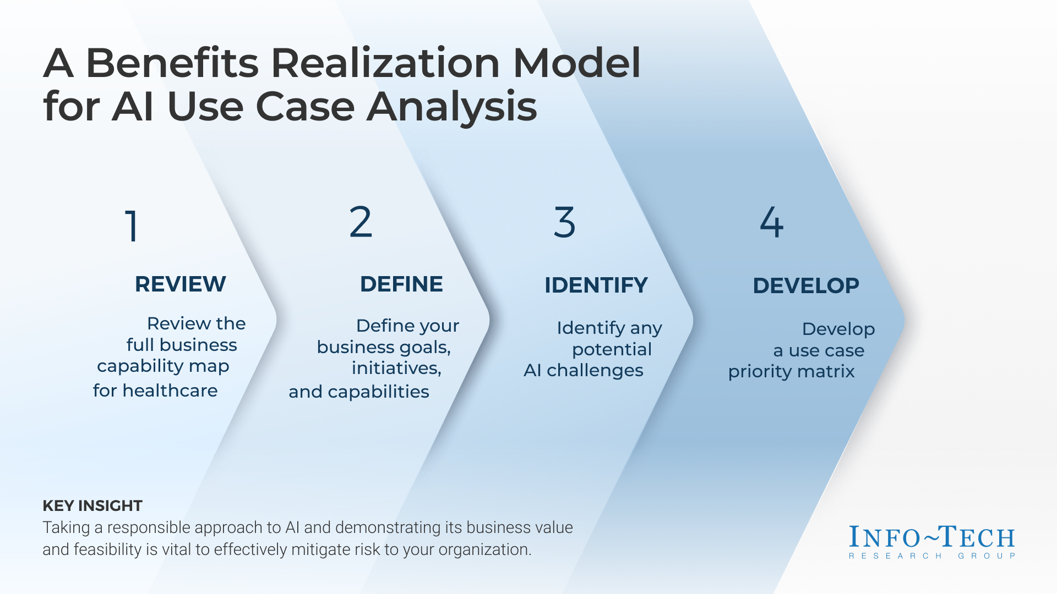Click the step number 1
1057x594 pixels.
[x=132, y=226]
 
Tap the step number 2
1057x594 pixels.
[x=361, y=222]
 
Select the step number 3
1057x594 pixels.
[x=564, y=222]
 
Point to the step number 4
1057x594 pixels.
[x=771, y=222]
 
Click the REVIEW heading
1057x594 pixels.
[x=180, y=284]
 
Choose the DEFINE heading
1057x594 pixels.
[x=401, y=284]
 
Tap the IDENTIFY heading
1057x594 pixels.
[x=596, y=285]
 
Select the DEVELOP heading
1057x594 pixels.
[x=805, y=285]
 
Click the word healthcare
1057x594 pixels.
[x=170, y=391]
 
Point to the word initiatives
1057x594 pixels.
[x=396, y=368]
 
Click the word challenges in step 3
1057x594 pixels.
[x=595, y=371]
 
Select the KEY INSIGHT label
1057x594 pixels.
[x=92, y=505]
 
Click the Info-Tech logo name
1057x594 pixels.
[x=932, y=537]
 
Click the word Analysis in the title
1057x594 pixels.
[x=451, y=107]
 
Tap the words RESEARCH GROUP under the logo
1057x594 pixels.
[x=932, y=556]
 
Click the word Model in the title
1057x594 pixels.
[x=577, y=63]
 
